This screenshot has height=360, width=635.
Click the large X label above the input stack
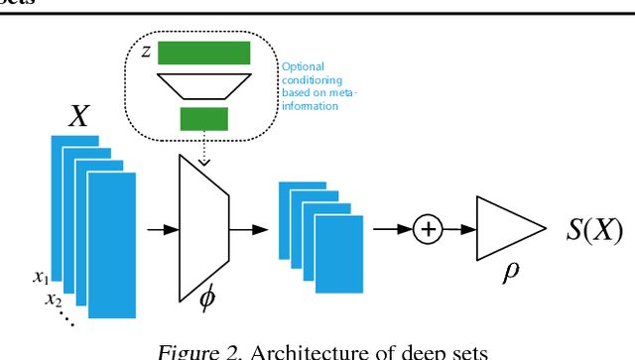click(x=79, y=117)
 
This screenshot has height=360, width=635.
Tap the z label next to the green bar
click(x=145, y=51)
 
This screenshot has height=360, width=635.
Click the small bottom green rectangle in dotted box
click(x=203, y=120)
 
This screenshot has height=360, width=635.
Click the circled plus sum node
click(x=429, y=230)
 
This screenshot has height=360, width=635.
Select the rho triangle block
click(x=504, y=230)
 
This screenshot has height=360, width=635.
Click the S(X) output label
click(x=593, y=231)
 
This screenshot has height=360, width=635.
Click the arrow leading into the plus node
click(x=392, y=230)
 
